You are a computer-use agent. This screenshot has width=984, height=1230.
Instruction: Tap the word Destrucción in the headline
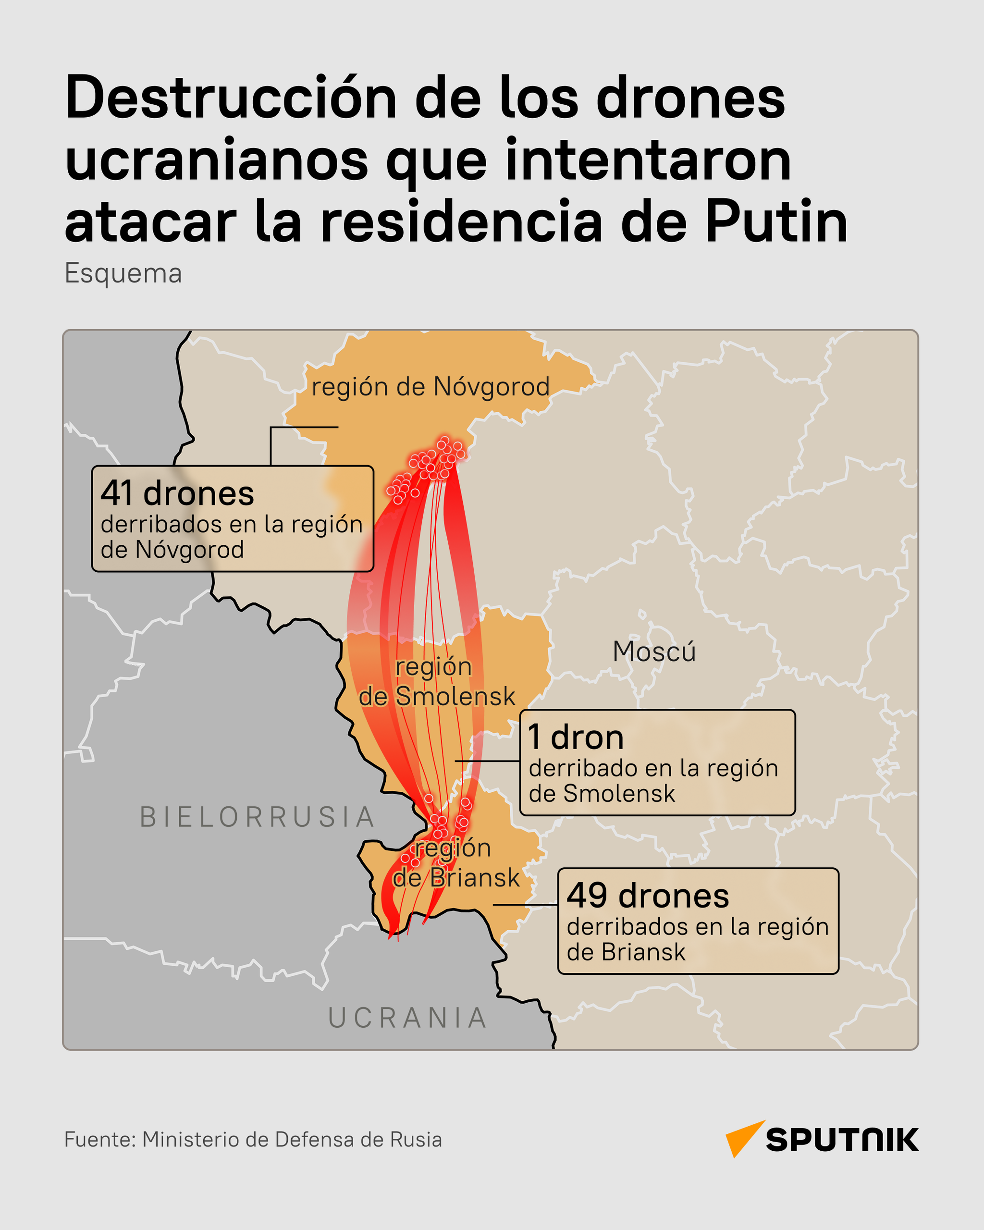tap(231, 98)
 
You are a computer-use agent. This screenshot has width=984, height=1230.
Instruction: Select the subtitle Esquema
tap(123, 273)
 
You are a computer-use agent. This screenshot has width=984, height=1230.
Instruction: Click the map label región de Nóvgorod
tap(430, 387)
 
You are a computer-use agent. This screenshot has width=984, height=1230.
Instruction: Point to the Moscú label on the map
tap(654, 652)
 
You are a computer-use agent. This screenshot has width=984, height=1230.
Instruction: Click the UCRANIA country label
tap(408, 1018)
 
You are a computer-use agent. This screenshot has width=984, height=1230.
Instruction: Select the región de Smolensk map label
tap(436, 682)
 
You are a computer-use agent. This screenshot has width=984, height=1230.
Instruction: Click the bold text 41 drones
tap(177, 493)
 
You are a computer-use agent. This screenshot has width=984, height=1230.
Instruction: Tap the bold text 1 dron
tap(576, 738)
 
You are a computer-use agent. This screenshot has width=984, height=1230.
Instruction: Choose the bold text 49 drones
tap(648, 896)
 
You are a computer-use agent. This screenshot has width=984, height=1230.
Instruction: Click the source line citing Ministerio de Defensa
tap(253, 1139)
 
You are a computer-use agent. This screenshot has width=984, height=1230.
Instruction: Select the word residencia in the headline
tap(461, 222)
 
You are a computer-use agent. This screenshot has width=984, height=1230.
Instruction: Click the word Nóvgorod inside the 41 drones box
tap(189, 550)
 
